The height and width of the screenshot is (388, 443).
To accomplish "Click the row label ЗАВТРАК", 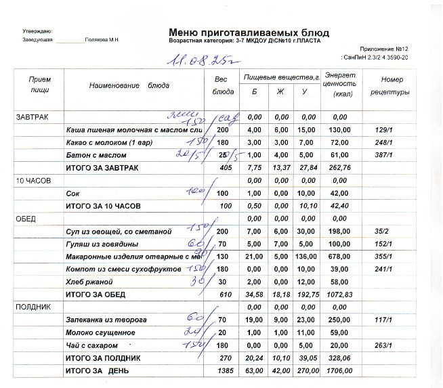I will (x=31, y=116).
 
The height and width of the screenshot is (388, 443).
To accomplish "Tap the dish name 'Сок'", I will (x=72, y=194).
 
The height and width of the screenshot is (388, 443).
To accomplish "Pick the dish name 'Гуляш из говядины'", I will (x=102, y=244).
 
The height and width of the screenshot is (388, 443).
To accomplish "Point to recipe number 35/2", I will (x=384, y=232).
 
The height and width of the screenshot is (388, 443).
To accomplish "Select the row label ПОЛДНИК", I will (x=31, y=307).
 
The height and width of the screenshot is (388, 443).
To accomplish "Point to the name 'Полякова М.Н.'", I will (x=102, y=40).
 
